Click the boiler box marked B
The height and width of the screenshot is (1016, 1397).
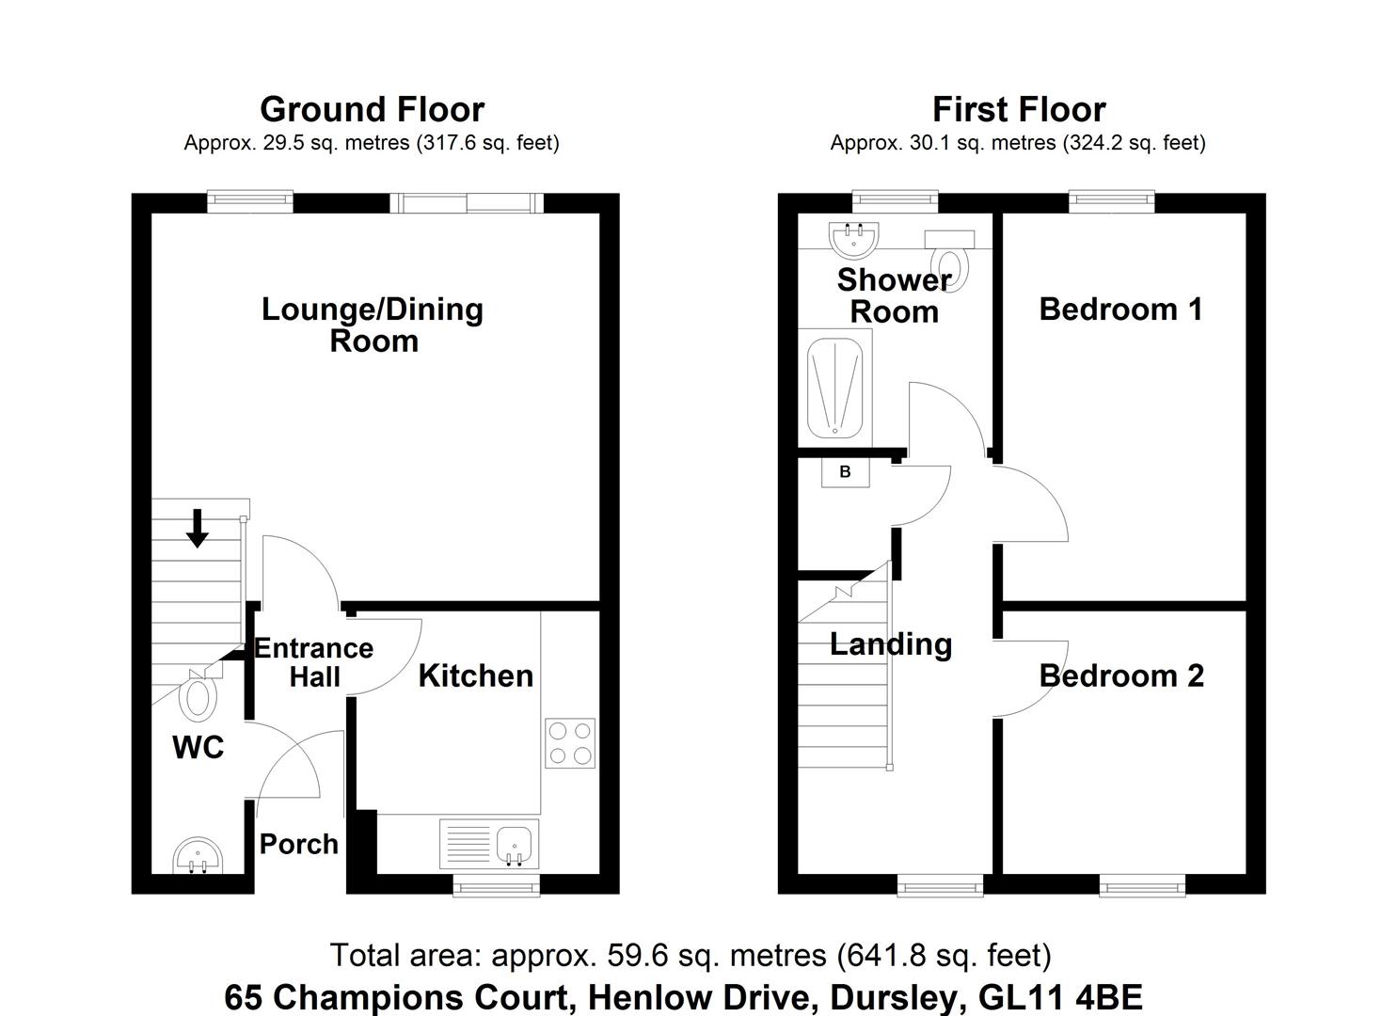pyautogui.click(x=845, y=473)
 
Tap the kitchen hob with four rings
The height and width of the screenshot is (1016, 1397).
pyautogui.click(x=570, y=743)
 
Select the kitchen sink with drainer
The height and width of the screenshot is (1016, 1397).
pyautogui.click(x=489, y=845)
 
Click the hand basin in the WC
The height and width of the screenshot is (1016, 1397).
pyautogui.click(x=197, y=856)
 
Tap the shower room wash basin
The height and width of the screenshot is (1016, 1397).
pyautogui.click(x=853, y=240)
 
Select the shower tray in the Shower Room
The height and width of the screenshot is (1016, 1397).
pyautogui.click(x=835, y=388)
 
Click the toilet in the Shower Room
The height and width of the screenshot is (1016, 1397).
pyautogui.click(x=949, y=261)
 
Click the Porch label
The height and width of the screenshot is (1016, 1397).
pyautogui.click(x=299, y=845)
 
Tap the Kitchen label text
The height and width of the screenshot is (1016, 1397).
pyautogui.click(x=476, y=676)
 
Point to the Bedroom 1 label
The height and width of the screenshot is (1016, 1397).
pyautogui.click(x=1120, y=310)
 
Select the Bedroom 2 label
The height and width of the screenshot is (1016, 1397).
pyautogui.click(x=1121, y=676)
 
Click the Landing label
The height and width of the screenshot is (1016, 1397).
pyautogui.click(x=891, y=645)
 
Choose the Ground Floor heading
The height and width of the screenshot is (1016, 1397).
pyautogui.click(x=373, y=110)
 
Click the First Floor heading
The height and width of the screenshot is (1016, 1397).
pyautogui.click(x=1019, y=110)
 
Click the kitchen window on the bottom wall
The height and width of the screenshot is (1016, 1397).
pyautogui.click(x=496, y=885)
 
